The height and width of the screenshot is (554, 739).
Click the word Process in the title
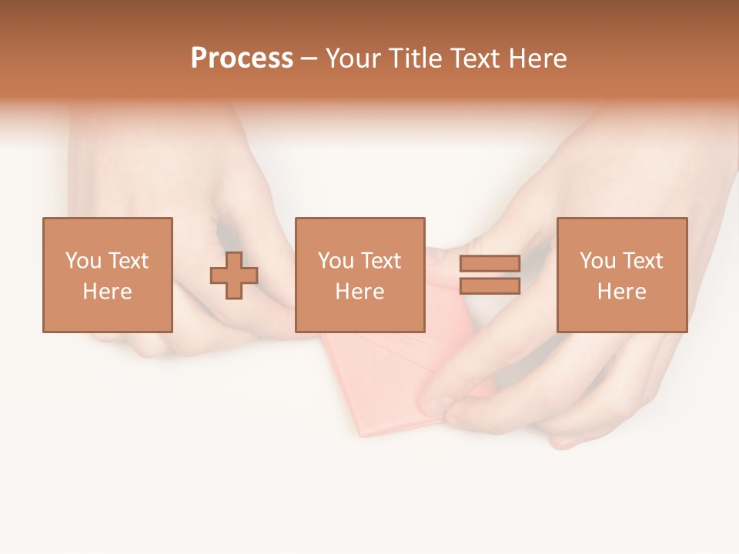(242, 58)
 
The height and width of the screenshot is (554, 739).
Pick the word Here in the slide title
(540, 58)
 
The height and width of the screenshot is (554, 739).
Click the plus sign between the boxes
(234, 275)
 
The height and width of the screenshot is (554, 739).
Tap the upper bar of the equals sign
(490, 263)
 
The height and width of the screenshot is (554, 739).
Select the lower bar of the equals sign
(490, 286)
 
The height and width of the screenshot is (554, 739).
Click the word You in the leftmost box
(83, 261)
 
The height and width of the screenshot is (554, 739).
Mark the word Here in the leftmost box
(107, 292)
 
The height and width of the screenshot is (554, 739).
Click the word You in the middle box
(336, 261)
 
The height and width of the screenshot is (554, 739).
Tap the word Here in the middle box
(359, 292)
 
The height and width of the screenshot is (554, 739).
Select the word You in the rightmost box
(597, 261)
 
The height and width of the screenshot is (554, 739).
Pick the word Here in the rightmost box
(621, 292)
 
